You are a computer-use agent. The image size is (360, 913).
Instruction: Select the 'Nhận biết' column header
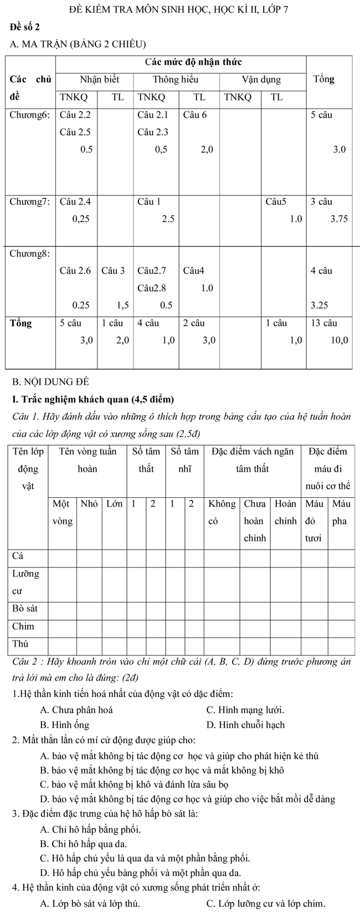[x=99, y=79]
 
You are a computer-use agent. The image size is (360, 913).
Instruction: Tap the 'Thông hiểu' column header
[x=176, y=79]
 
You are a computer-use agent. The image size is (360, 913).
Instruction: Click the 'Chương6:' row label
[x=30, y=115]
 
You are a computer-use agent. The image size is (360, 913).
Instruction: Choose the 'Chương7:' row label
[x=30, y=202]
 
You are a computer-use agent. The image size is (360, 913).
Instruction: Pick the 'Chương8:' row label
[x=30, y=254]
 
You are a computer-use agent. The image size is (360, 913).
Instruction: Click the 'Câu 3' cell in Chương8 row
[x=113, y=271]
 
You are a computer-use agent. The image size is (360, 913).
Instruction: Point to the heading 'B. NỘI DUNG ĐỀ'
[x=50, y=381]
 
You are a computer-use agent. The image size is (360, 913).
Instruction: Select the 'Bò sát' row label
[x=25, y=608]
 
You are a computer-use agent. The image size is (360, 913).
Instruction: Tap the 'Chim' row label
[x=23, y=626]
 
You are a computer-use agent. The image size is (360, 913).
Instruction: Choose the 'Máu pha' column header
[x=341, y=513]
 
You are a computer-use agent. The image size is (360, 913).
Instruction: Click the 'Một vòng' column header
[x=61, y=513]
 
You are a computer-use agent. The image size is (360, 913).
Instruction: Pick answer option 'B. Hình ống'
[x=64, y=725]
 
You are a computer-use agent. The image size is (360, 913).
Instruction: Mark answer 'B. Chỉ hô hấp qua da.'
[x=84, y=844]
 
